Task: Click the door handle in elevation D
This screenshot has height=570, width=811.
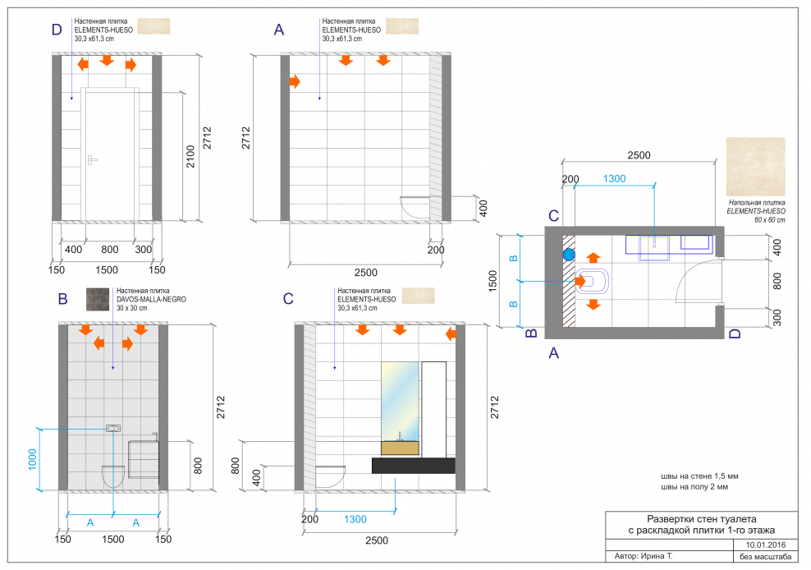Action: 92,160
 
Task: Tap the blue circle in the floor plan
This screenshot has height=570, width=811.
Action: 569,255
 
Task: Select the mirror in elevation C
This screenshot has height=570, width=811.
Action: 400,402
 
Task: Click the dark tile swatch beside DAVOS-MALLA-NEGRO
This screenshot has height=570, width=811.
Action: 98,299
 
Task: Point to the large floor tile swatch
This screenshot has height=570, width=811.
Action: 756,167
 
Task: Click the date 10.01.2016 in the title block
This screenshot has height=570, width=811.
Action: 766,545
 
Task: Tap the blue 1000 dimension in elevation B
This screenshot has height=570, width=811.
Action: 33,459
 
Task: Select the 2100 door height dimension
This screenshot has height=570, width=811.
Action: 190,156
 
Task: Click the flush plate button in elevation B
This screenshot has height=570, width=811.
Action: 113,428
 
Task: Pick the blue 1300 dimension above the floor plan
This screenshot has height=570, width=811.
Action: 615,178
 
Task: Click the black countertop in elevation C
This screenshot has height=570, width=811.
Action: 413,466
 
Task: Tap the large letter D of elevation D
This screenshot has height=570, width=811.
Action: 57,30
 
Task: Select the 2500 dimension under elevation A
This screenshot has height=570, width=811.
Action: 365,273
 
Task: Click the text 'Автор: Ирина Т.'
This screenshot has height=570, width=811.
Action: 644,556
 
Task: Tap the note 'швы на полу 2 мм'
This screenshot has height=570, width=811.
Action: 694,487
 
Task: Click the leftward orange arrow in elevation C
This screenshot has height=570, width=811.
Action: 451,334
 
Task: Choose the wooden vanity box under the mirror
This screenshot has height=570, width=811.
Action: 400,448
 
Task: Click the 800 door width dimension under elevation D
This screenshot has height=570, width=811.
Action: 110,249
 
